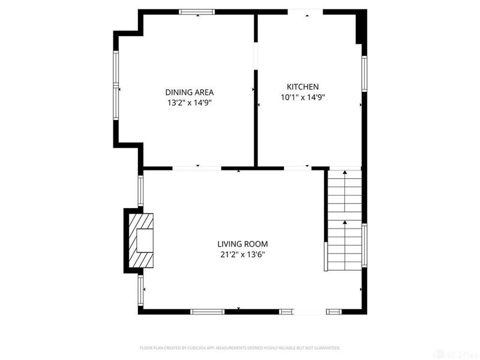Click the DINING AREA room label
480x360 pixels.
coord(190,92)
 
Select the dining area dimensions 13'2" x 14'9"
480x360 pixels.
coord(190,103)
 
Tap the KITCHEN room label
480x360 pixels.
coord(302,87)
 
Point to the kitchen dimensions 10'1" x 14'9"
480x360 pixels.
coord(302,97)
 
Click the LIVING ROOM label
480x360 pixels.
coord(242,244)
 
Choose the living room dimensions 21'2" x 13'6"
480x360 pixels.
coord(242,254)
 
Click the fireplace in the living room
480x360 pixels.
coord(140,241)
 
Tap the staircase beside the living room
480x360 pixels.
coord(344,219)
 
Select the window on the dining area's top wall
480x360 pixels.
coord(197,11)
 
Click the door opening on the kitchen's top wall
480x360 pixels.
coord(305,12)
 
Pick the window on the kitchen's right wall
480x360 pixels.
coord(364,73)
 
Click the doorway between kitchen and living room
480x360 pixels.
coord(298,167)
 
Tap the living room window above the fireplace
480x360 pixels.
coord(141,191)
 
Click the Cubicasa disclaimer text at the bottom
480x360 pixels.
coord(240,348)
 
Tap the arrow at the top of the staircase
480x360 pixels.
coord(345,173)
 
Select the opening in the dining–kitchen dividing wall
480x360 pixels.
coord(256,56)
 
